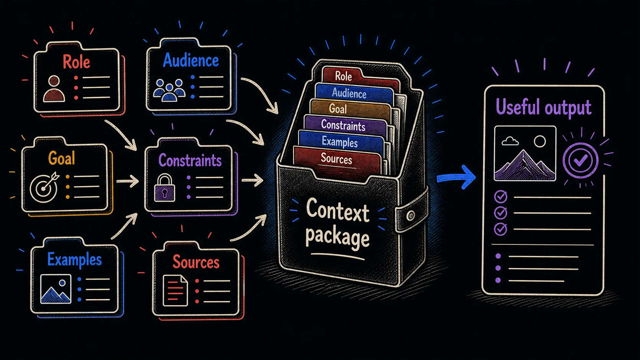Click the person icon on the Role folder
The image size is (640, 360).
(x=54, y=89)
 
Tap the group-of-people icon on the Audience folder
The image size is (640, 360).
(x=169, y=90)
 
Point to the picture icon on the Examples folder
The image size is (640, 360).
(x=56, y=289)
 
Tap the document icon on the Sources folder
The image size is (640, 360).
(x=175, y=291)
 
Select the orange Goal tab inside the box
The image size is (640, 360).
(x=350, y=109)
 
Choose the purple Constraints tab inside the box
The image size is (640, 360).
(x=345, y=125)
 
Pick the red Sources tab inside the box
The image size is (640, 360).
(x=337, y=160)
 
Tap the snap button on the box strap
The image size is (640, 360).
(x=411, y=215)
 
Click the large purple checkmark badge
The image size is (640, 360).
(x=580, y=160)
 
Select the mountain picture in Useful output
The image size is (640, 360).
(x=525, y=153)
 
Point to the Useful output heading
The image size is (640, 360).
(x=544, y=108)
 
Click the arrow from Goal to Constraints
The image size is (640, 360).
(x=127, y=181)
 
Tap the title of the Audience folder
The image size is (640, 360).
(x=191, y=60)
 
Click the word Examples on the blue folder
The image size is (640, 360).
(x=75, y=259)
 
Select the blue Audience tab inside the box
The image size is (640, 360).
(x=354, y=93)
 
